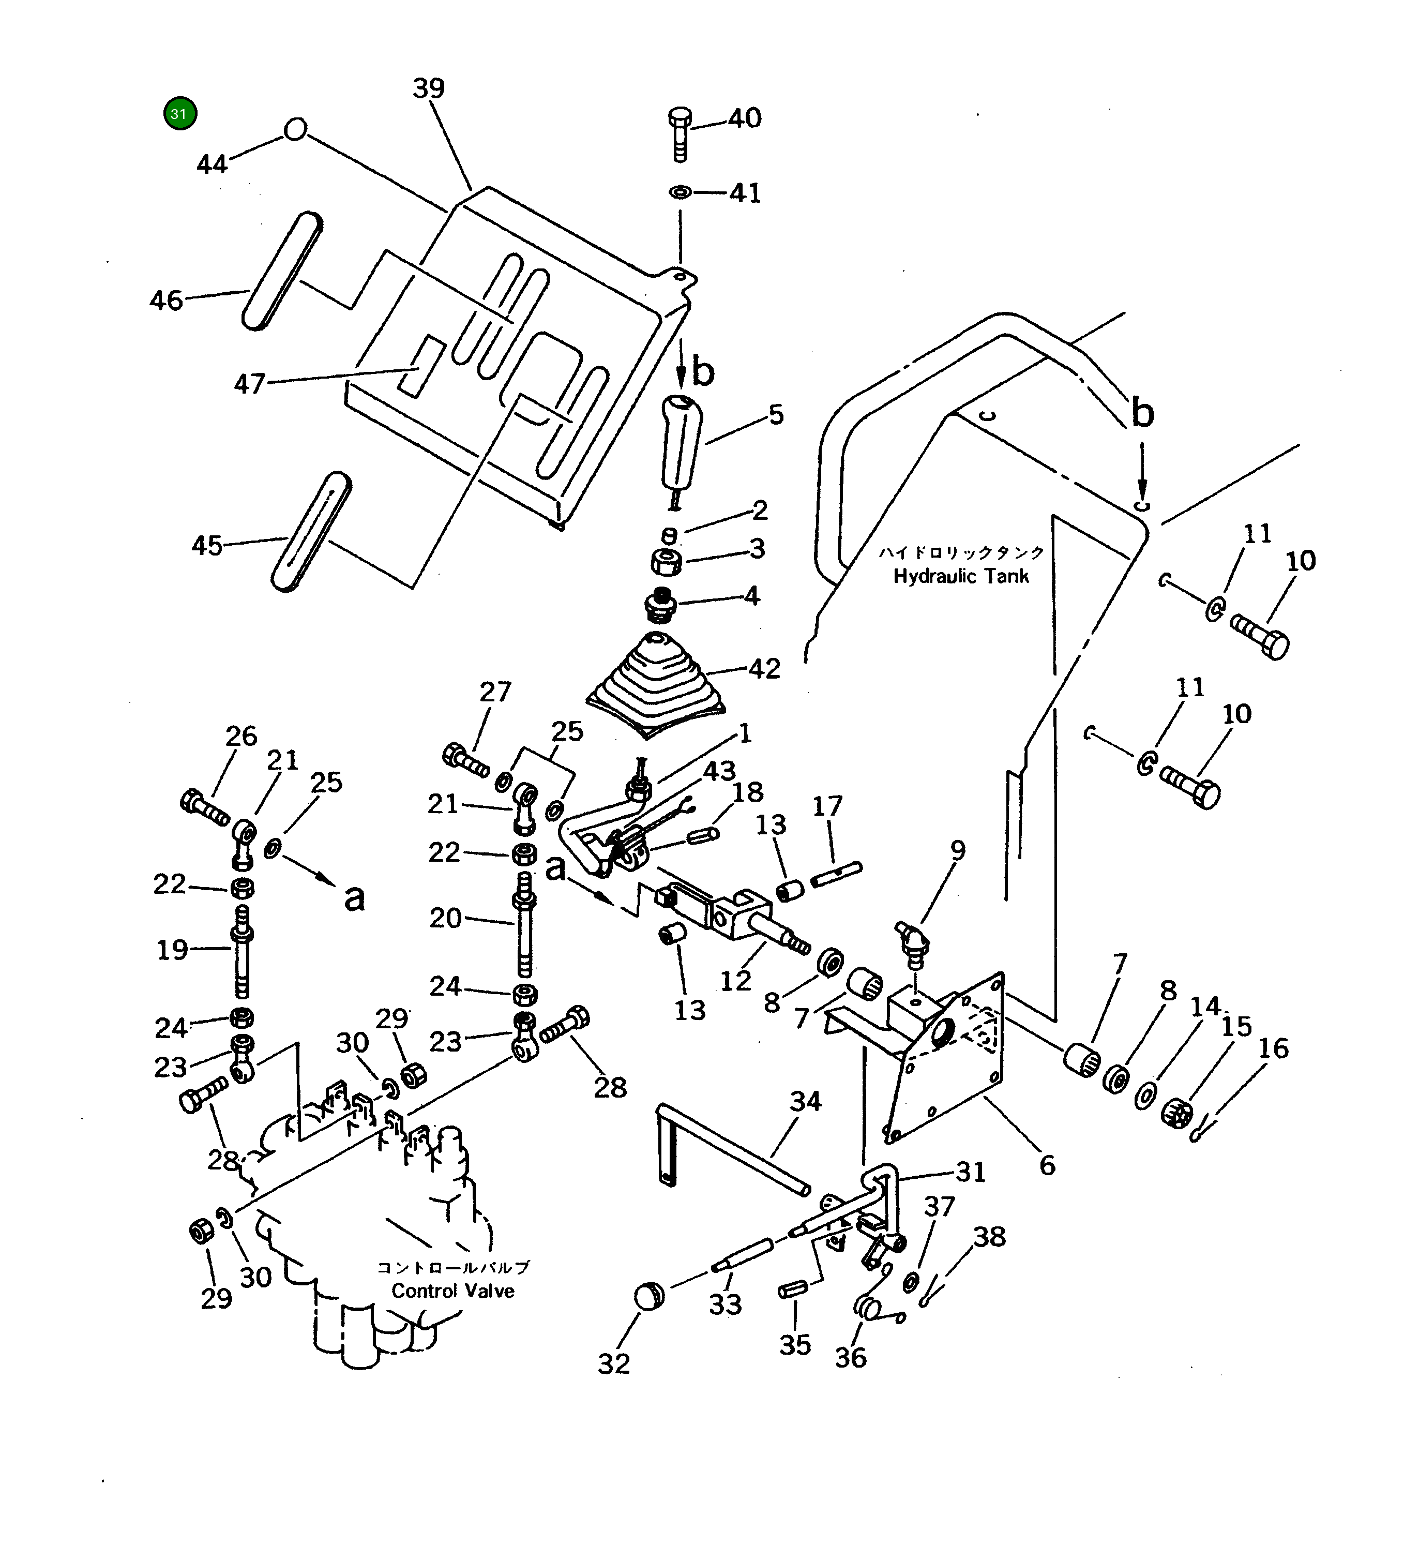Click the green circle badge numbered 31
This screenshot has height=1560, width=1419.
click(x=179, y=114)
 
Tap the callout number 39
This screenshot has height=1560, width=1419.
click(x=429, y=88)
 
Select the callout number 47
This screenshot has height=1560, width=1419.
click(x=249, y=384)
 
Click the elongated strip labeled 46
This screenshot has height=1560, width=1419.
click(x=282, y=271)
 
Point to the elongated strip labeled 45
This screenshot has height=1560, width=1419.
click(x=311, y=532)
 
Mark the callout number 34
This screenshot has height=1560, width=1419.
click(x=806, y=1101)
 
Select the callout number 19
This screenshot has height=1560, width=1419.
click(x=172, y=950)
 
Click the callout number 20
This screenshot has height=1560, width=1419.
click(x=446, y=918)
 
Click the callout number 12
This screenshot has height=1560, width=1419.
click(x=736, y=981)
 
